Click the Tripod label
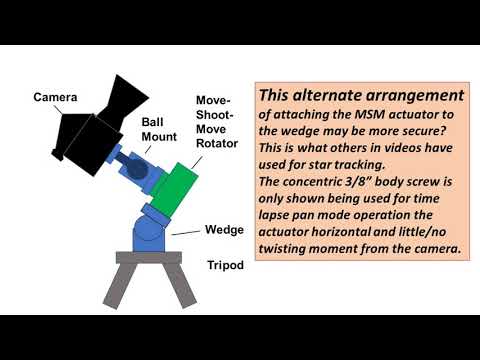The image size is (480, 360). [x=226, y=265]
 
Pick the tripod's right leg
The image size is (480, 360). [x=180, y=284]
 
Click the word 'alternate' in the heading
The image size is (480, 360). [x=335, y=96]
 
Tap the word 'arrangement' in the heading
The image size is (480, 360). [x=417, y=96]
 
